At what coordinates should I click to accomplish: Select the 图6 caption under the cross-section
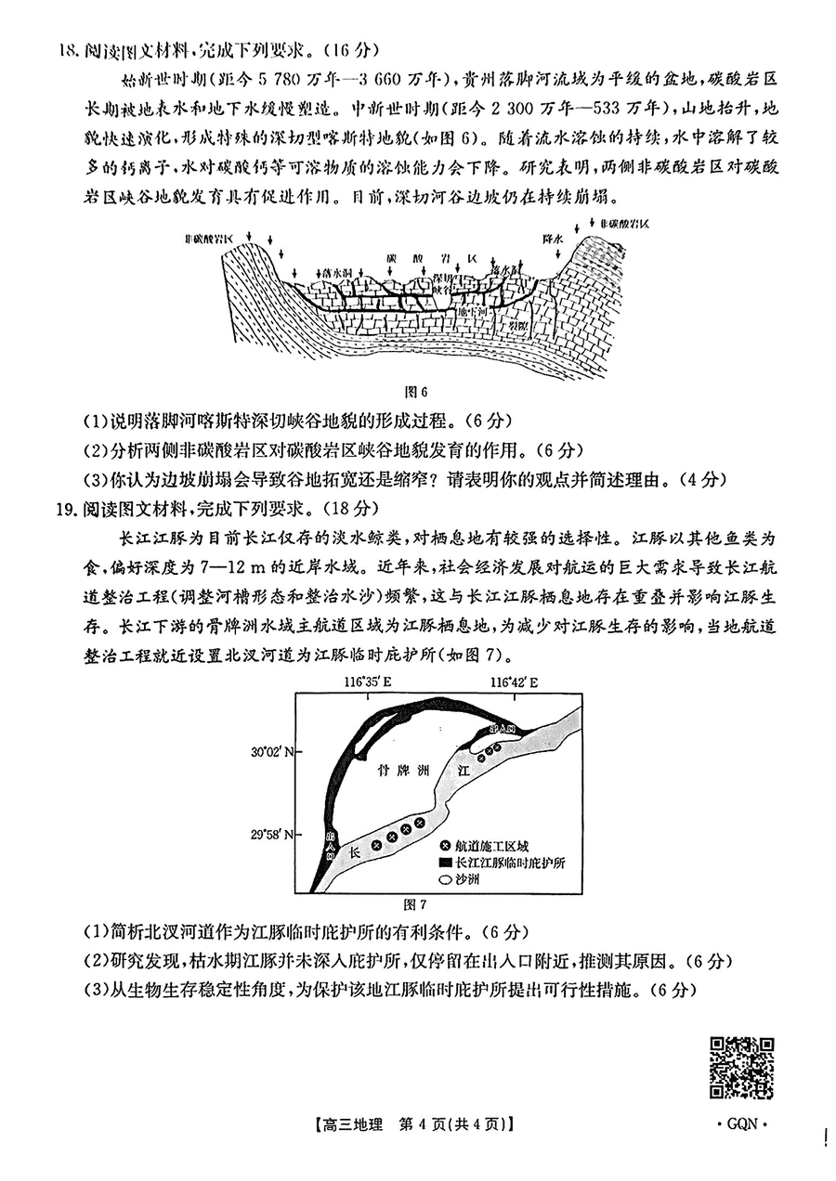coord(420,392)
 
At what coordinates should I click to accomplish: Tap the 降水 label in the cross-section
coord(555,240)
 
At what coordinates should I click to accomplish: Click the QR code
coord(742,1068)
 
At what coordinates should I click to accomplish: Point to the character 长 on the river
coord(353,850)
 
